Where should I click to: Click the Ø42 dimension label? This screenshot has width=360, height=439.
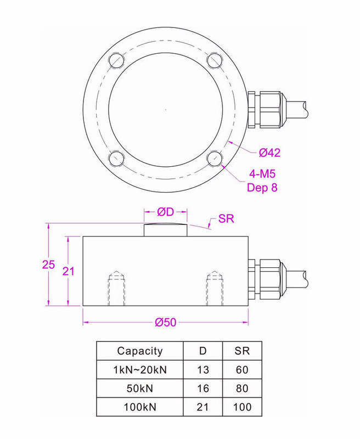(x=269, y=153)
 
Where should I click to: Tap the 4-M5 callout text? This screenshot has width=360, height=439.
(x=262, y=174)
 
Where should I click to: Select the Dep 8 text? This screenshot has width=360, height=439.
(x=262, y=187)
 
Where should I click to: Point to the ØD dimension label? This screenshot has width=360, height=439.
(x=165, y=212)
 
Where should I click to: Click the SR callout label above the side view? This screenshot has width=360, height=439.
(x=226, y=218)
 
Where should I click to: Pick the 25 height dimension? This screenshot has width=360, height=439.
(x=48, y=264)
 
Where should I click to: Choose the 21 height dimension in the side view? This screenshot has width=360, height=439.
(x=68, y=271)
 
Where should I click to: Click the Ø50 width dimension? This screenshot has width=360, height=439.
(x=165, y=323)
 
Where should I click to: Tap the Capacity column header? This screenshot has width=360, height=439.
(x=140, y=351)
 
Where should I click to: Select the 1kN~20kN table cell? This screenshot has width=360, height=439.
(x=140, y=370)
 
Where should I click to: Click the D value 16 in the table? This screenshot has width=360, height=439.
(x=203, y=389)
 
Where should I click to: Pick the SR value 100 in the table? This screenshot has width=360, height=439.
(x=242, y=407)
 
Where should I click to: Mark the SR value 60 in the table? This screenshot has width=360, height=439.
(x=242, y=370)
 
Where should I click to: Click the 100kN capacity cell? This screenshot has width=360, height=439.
(x=140, y=407)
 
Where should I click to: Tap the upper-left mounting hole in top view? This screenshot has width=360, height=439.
(x=116, y=60)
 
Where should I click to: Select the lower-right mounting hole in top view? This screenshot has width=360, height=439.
(x=215, y=159)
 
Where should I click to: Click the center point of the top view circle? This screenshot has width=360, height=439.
(x=165, y=109)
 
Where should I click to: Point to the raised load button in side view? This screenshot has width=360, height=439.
(x=165, y=230)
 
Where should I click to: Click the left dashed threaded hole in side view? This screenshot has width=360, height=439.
(x=116, y=289)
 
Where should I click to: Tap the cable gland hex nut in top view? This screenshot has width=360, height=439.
(x=270, y=109)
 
